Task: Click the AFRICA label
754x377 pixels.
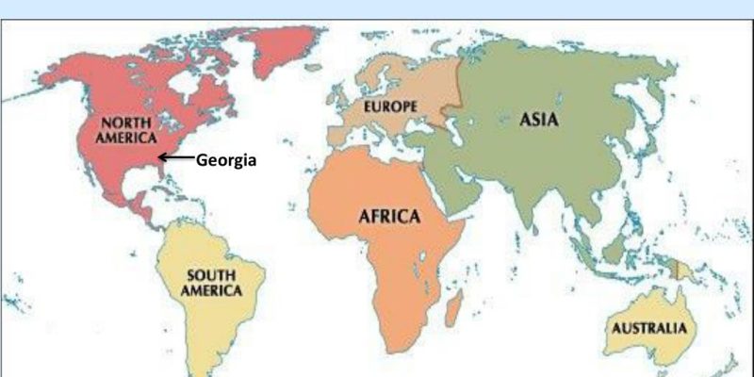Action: coord(388,216)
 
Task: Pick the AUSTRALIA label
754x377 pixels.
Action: coord(649,329)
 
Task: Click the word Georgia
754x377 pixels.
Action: coord(226,160)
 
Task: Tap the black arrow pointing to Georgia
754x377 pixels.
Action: coord(176,158)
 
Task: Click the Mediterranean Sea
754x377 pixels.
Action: coord(396,149)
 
